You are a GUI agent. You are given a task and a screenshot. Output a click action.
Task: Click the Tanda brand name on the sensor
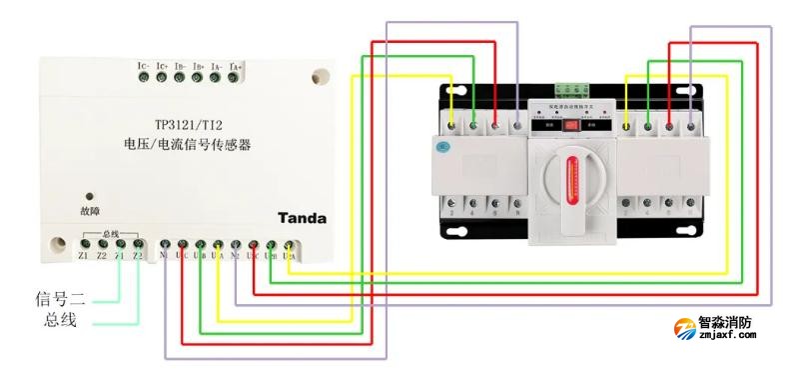click(302, 217)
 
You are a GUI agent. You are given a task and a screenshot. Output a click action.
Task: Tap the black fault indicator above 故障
click(90, 197)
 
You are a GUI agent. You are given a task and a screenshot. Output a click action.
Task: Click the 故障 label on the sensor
click(90, 211)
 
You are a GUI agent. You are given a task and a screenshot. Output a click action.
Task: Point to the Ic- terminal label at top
click(143, 66)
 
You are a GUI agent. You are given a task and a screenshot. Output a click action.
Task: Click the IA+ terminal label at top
click(236, 66)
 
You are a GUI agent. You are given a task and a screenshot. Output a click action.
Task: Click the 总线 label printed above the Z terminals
click(110, 233)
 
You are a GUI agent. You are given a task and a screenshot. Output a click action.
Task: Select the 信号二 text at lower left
click(61, 297)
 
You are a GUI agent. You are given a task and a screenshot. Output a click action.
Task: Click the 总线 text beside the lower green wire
click(61, 320)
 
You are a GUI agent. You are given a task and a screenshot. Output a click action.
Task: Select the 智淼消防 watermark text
click(740, 324)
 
